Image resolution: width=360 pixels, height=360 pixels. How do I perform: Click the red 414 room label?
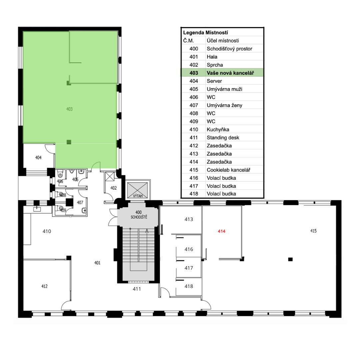tap(222, 231)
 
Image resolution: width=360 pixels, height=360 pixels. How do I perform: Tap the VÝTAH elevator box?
tap(138, 190)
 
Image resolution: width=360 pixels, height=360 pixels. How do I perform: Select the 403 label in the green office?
tap(69, 109)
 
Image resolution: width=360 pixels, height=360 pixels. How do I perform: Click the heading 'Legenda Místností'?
tap(205, 33)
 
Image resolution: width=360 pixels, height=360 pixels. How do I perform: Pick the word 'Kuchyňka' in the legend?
tap(218, 129)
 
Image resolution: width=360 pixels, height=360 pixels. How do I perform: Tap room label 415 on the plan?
tap(313, 231)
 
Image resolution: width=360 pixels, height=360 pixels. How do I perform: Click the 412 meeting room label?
tap(44, 286)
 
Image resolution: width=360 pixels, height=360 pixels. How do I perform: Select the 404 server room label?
tap(38, 157)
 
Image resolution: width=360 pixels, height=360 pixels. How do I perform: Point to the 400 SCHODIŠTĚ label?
tap(139, 214)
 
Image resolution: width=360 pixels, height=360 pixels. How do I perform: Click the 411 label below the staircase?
tap(137, 289)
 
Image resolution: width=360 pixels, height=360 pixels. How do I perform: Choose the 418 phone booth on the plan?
tap(189, 286)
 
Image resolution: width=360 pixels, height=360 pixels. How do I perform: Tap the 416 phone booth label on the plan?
tap(189, 249)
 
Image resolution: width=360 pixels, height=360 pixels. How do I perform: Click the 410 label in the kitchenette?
tap(47, 231)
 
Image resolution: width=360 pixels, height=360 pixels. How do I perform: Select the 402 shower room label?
tap(113, 188)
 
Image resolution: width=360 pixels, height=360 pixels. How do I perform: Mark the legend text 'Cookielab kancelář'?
tap(228, 170)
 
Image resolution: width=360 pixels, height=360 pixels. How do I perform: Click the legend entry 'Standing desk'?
tap(223, 138)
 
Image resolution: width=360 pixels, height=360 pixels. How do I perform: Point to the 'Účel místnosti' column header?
tap(223, 41)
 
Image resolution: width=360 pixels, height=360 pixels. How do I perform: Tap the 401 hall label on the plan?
tap(97, 263)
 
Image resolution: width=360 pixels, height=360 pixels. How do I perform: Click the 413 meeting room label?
tap(189, 219)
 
